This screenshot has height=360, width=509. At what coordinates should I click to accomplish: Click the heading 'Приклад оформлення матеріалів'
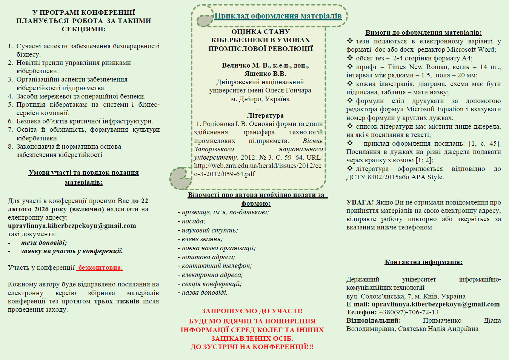coord(278,16)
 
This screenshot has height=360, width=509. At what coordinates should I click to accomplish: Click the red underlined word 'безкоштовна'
coord(100,268)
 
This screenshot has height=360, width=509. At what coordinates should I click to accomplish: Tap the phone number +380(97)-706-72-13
coord(408,312)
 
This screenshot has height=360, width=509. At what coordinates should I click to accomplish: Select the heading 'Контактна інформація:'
coord(423,262)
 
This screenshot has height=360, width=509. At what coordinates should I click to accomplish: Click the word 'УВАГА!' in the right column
coord(360,202)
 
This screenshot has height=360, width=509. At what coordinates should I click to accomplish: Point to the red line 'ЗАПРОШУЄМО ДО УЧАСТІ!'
coord(252,311)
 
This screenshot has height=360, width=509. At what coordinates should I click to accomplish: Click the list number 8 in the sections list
coord(10,146)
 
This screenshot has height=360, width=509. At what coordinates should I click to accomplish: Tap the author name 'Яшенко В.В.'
coord(265,74)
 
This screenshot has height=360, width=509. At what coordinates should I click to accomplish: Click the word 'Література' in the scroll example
coord(265,115)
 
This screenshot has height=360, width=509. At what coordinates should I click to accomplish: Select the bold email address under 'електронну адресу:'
coord(72,226)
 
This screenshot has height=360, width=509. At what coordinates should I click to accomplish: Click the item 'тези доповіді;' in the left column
coord(44,243)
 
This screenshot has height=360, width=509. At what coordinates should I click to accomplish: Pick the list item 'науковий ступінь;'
coord(210,230)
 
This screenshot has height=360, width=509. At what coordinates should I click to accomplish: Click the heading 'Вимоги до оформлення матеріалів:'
coord(423,33)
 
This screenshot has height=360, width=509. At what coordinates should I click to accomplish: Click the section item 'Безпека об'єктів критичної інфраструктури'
coord(85,121)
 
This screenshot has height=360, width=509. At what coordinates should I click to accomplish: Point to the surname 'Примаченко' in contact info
coord(442,320)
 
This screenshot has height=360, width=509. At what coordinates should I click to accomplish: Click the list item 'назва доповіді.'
coord(205,292)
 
